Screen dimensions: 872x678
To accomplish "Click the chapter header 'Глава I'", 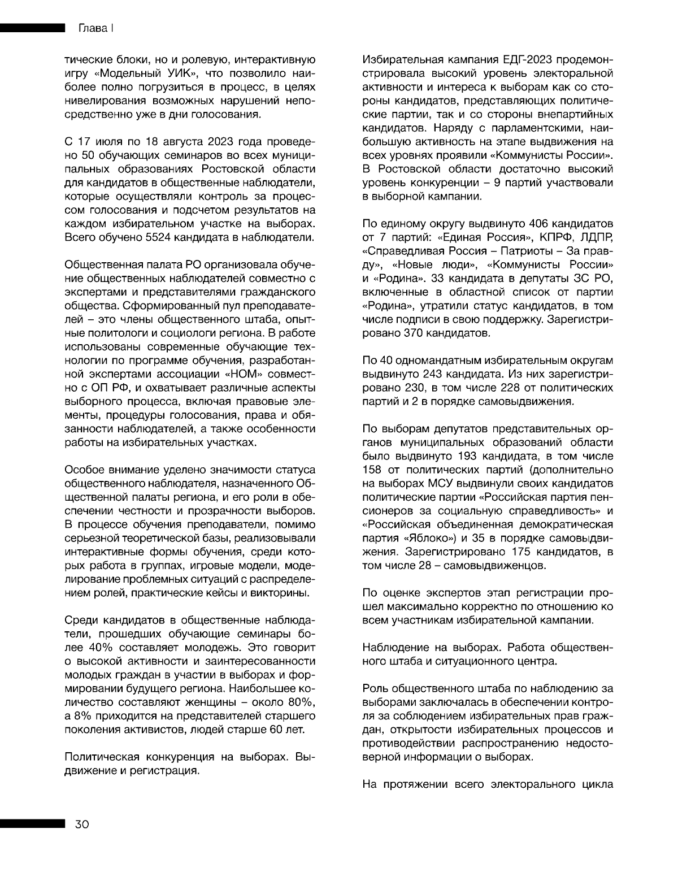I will pyautogui.click(x=93, y=28).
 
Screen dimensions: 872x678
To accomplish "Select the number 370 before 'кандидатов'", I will pyautogui.click(x=417, y=333).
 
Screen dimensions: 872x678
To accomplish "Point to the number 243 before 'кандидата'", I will pyautogui.click(x=430, y=374).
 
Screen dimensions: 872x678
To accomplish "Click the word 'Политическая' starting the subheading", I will pyautogui.click(x=102, y=757).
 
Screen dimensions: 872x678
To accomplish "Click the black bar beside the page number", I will pyautogui.click(x=31, y=825).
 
